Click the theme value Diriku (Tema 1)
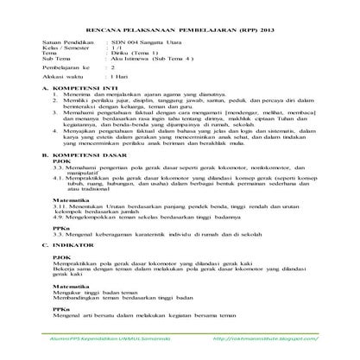(135, 55)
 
